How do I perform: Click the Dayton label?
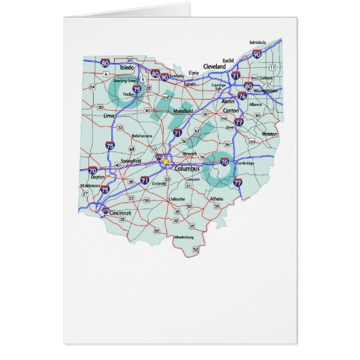tap(98, 177)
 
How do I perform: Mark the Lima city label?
tap(108, 116)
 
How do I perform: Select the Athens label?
tap(216, 198)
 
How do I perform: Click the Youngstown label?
tap(268, 90)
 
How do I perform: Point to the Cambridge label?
tap(246, 163)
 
